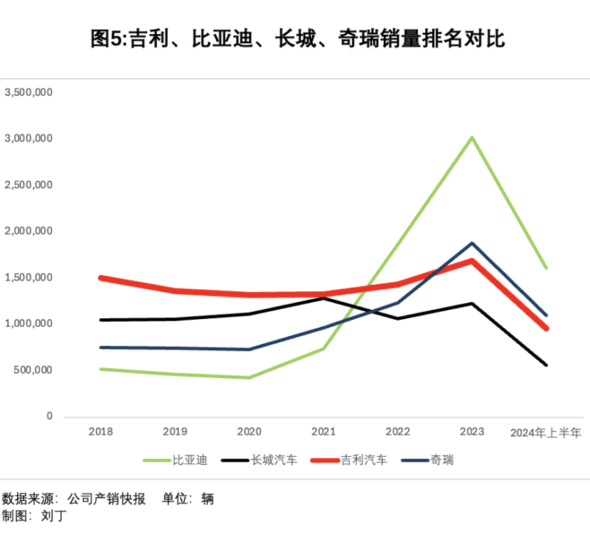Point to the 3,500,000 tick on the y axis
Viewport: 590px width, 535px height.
(x=29, y=92)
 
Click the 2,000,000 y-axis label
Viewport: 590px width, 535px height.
(x=29, y=231)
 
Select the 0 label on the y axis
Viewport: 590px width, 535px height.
(x=50, y=416)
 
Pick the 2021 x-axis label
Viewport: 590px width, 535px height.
(x=323, y=432)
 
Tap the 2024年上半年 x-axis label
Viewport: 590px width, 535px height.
(x=546, y=432)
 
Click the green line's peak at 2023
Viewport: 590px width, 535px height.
(x=472, y=137)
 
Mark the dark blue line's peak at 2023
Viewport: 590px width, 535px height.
(x=472, y=244)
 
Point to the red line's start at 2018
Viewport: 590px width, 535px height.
(x=101, y=278)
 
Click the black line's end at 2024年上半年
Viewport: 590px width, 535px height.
(x=546, y=365)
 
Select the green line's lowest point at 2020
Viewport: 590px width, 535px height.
(x=250, y=377)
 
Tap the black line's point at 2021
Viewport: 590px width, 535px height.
(x=323, y=298)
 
